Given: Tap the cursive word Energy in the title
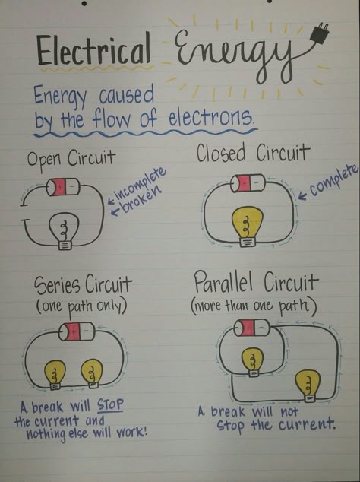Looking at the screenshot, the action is point(233,55).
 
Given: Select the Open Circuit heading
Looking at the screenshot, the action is point(71,158).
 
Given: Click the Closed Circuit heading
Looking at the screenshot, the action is point(252,153).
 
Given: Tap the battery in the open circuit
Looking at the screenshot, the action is point(63,187).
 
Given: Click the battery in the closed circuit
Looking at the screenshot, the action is point(248,183).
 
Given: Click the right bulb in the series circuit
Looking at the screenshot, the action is point(92,373).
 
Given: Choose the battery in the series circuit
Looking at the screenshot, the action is point(77,331).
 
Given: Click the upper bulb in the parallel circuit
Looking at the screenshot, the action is point(252,362).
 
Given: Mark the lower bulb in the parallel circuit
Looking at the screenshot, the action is point(308,386).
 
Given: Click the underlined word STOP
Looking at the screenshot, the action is point(110,405).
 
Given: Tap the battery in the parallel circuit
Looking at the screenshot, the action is point(252,328).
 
